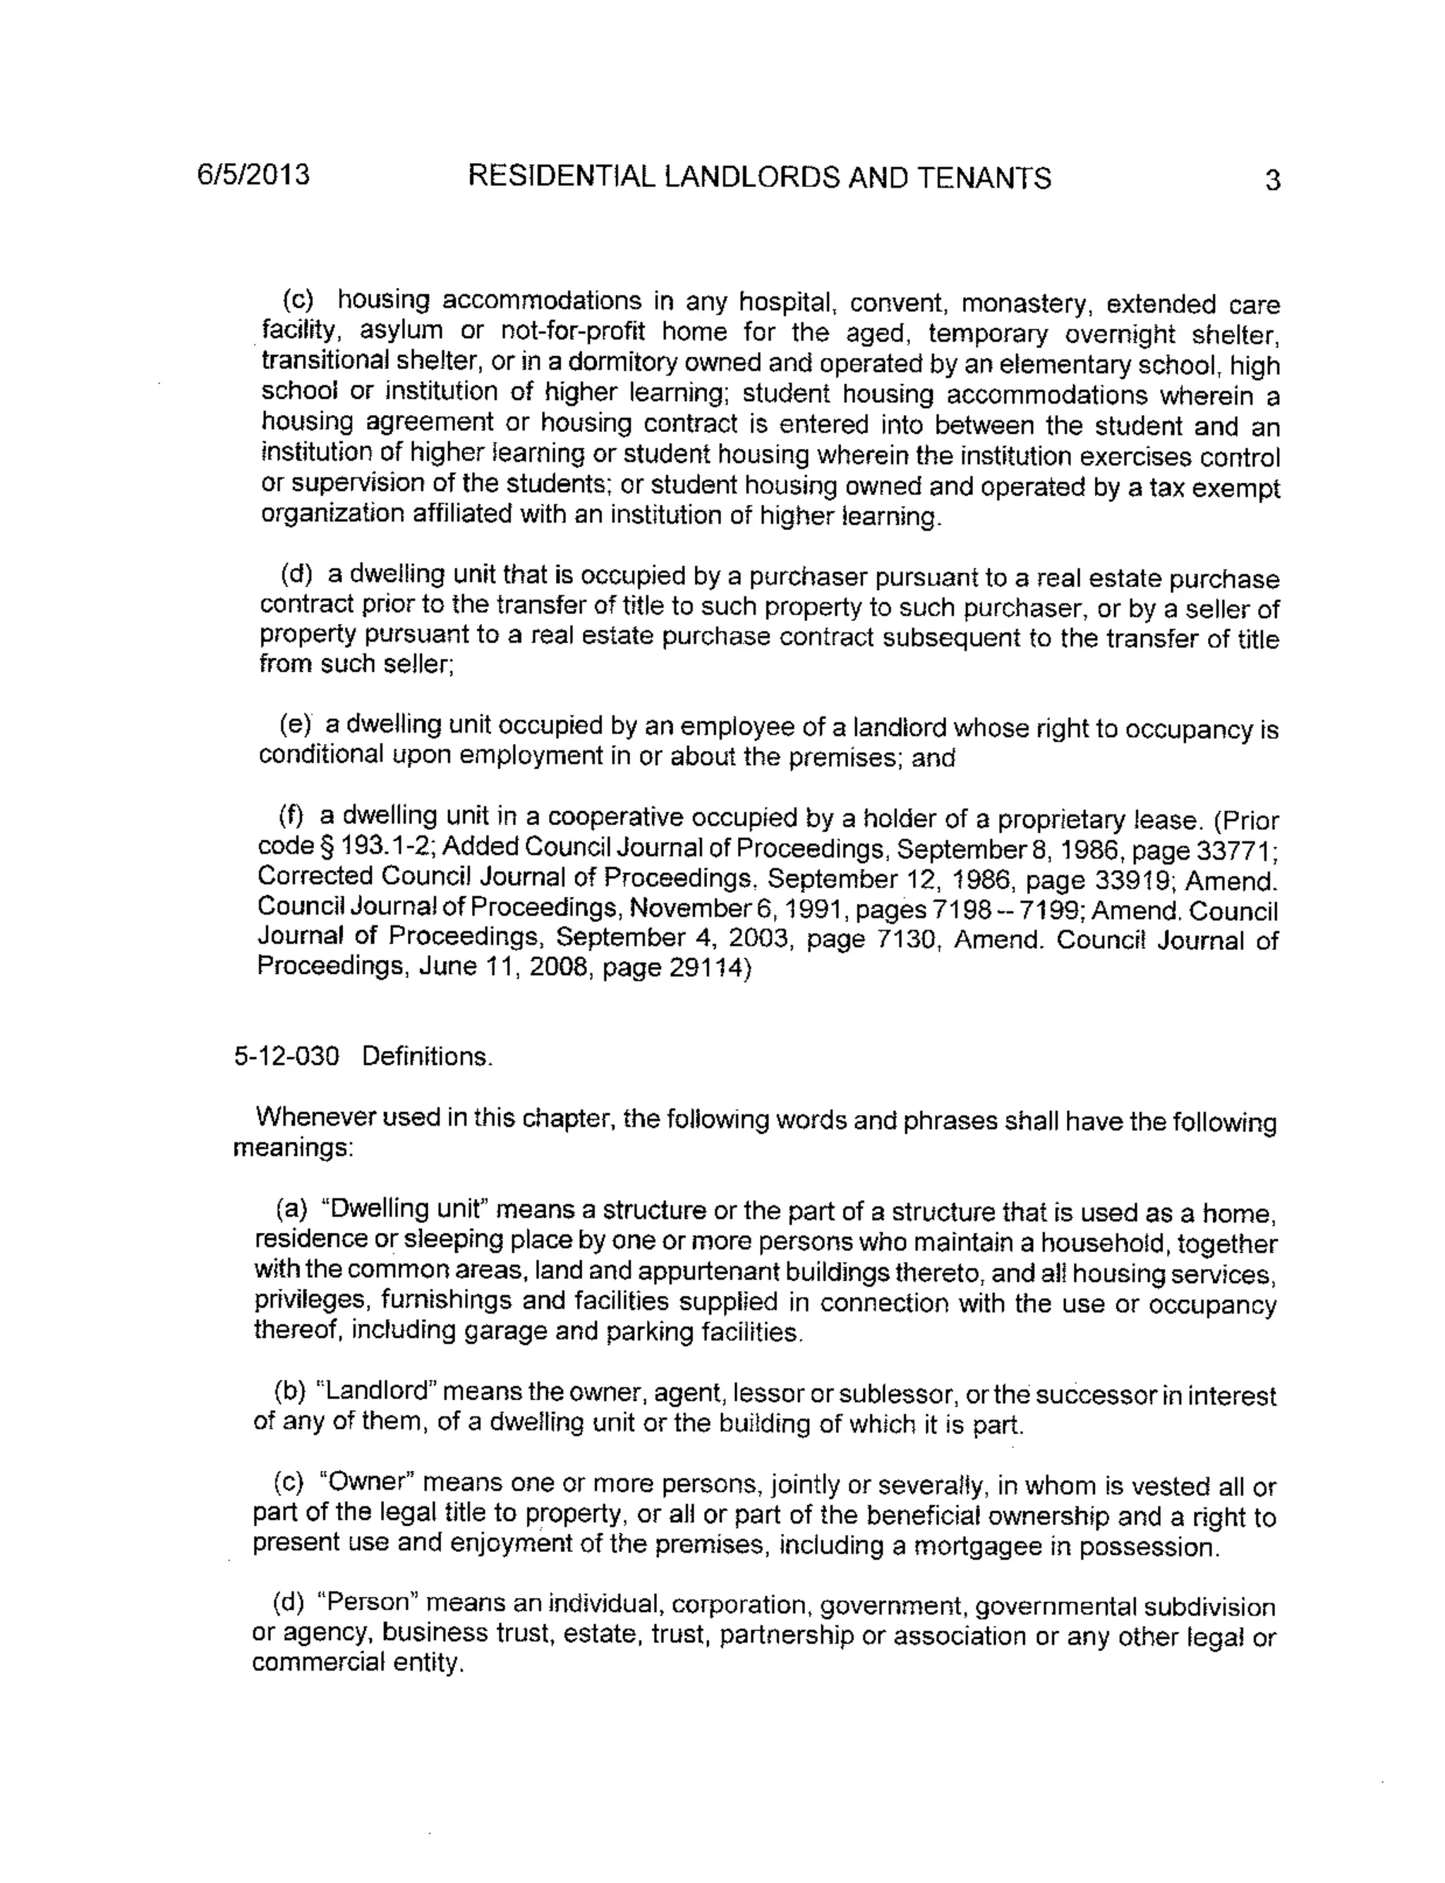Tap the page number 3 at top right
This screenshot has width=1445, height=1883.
[1273, 181]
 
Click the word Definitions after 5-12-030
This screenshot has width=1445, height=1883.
[427, 1057]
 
